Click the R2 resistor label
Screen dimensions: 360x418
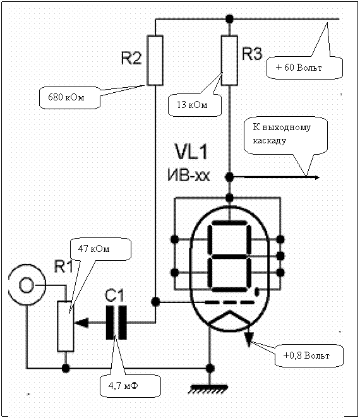131,58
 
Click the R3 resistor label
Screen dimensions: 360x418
252,54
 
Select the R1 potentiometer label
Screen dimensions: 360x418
63,266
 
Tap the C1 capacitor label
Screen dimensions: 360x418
114,296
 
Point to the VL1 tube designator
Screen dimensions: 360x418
191,152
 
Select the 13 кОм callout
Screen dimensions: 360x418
195,105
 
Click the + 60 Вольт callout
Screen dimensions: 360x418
304,68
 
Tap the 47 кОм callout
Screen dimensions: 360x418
100,249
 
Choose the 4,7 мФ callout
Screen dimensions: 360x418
130,386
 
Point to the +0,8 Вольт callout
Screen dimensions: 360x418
309,355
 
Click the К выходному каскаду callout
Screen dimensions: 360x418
285,135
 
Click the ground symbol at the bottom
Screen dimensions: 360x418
208,389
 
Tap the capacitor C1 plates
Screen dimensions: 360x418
116,323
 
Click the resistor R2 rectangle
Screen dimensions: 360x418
155,61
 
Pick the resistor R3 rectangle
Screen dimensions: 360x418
229,61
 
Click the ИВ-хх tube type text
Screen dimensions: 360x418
189,176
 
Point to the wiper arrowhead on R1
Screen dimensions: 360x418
81,323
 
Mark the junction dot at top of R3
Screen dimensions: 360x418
229,19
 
